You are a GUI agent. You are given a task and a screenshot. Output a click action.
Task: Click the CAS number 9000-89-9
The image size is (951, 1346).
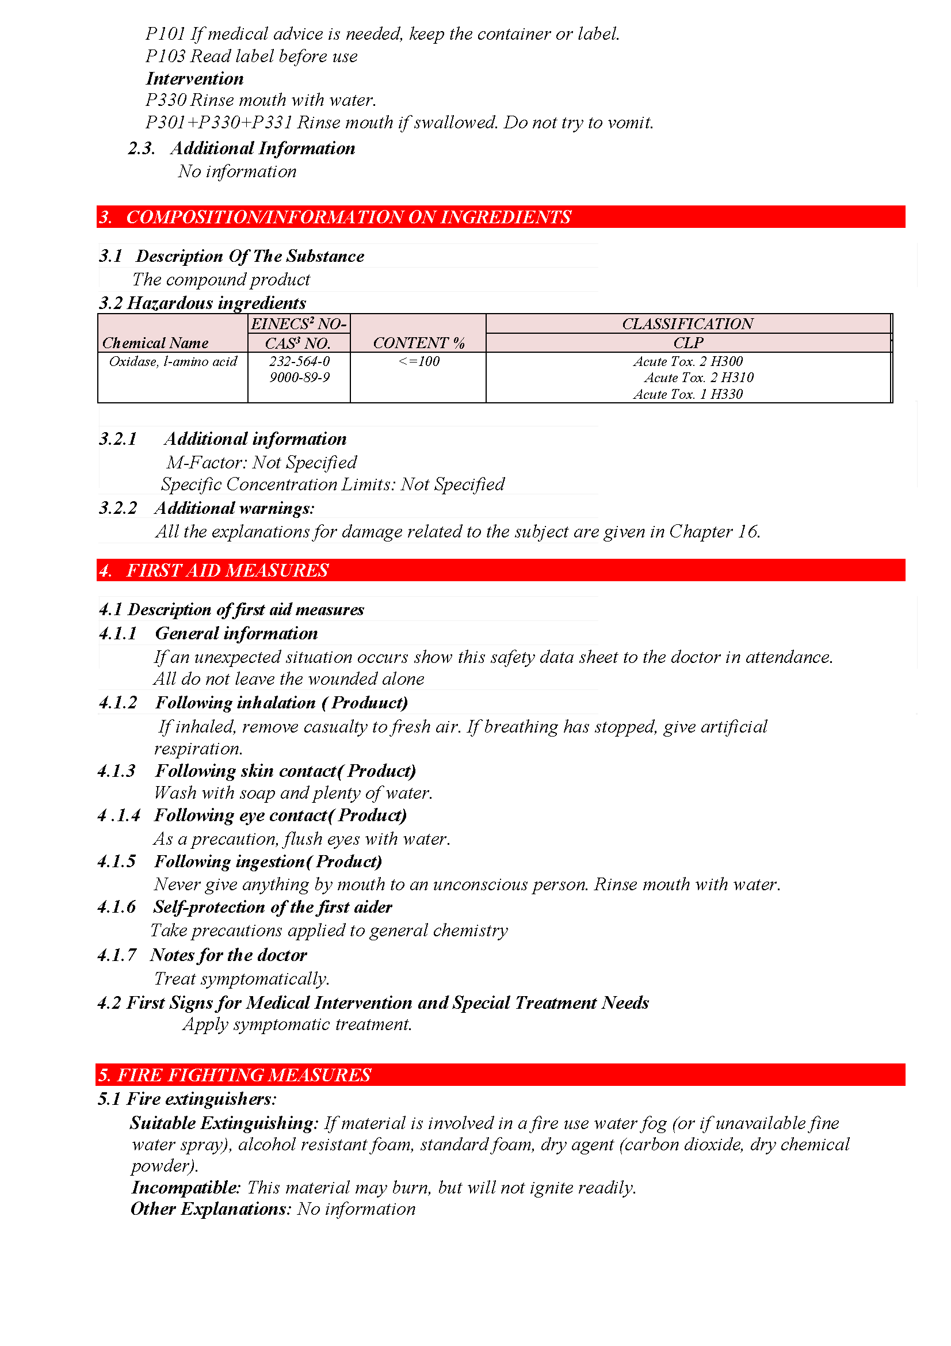click(x=299, y=378)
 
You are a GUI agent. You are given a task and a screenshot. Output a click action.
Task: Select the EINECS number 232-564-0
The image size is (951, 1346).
click(x=299, y=361)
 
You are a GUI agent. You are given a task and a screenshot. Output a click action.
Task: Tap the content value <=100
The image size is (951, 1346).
click(x=418, y=361)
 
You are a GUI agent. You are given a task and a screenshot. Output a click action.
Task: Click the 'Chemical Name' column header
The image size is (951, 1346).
click(x=155, y=342)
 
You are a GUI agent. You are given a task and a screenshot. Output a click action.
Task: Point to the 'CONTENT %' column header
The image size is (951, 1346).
click(x=418, y=342)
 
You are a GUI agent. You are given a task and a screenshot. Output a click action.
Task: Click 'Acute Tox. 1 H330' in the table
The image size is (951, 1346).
click(x=688, y=394)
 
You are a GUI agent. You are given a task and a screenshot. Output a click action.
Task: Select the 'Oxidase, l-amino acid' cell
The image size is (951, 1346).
click(x=173, y=361)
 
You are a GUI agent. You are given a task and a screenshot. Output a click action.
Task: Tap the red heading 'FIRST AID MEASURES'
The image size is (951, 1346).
click(x=227, y=570)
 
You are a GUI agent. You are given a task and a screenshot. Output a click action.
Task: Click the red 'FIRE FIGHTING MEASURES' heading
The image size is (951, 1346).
click(x=244, y=1074)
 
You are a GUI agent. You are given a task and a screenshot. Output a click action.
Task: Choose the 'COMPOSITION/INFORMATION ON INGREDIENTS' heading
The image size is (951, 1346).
click(x=348, y=217)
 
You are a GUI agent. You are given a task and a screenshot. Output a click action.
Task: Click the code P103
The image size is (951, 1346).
click(x=165, y=56)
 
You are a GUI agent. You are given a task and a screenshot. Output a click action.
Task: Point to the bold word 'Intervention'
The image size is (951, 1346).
click(x=194, y=79)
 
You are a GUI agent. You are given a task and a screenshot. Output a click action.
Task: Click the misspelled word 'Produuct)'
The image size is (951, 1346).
click(x=370, y=702)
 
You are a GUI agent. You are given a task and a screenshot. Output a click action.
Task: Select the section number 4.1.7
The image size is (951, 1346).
click(x=117, y=955)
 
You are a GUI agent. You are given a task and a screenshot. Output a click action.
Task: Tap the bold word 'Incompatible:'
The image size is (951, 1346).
click(x=186, y=1187)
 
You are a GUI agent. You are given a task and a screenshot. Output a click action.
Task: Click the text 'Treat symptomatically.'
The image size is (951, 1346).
click(x=242, y=978)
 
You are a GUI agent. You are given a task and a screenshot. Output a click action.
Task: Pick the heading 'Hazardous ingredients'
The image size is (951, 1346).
click(x=216, y=303)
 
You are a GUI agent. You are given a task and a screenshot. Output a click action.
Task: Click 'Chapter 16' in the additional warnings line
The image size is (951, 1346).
click(x=714, y=531)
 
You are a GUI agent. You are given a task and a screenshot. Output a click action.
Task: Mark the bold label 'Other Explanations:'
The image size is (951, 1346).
click(x=211, y=1209)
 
